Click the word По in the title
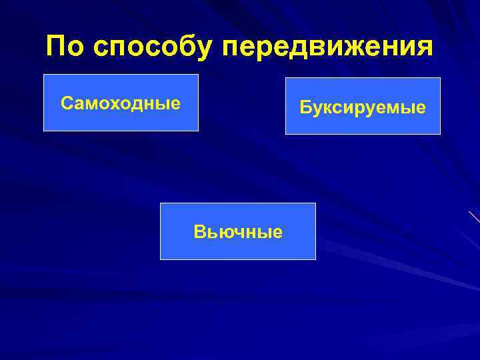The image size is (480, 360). [x=66, y=47]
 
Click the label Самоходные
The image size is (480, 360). [x=121, y=103]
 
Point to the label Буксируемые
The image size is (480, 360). [x=363, y=107]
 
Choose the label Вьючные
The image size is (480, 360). [x=238, y=232]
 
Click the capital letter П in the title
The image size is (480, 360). [x=57, y=47]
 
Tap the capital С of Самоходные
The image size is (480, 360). [x=66, y=103]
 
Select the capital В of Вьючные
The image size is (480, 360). [x=199, y=232]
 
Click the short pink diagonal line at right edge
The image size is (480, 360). [x=474, y=216]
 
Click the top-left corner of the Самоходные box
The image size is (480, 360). [x=44, y=75]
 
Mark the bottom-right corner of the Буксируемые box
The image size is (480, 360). [x=440, y=134]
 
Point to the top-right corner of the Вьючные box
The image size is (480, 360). [x=315, y=203]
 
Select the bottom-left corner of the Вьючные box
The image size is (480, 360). [x=161, y=259]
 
